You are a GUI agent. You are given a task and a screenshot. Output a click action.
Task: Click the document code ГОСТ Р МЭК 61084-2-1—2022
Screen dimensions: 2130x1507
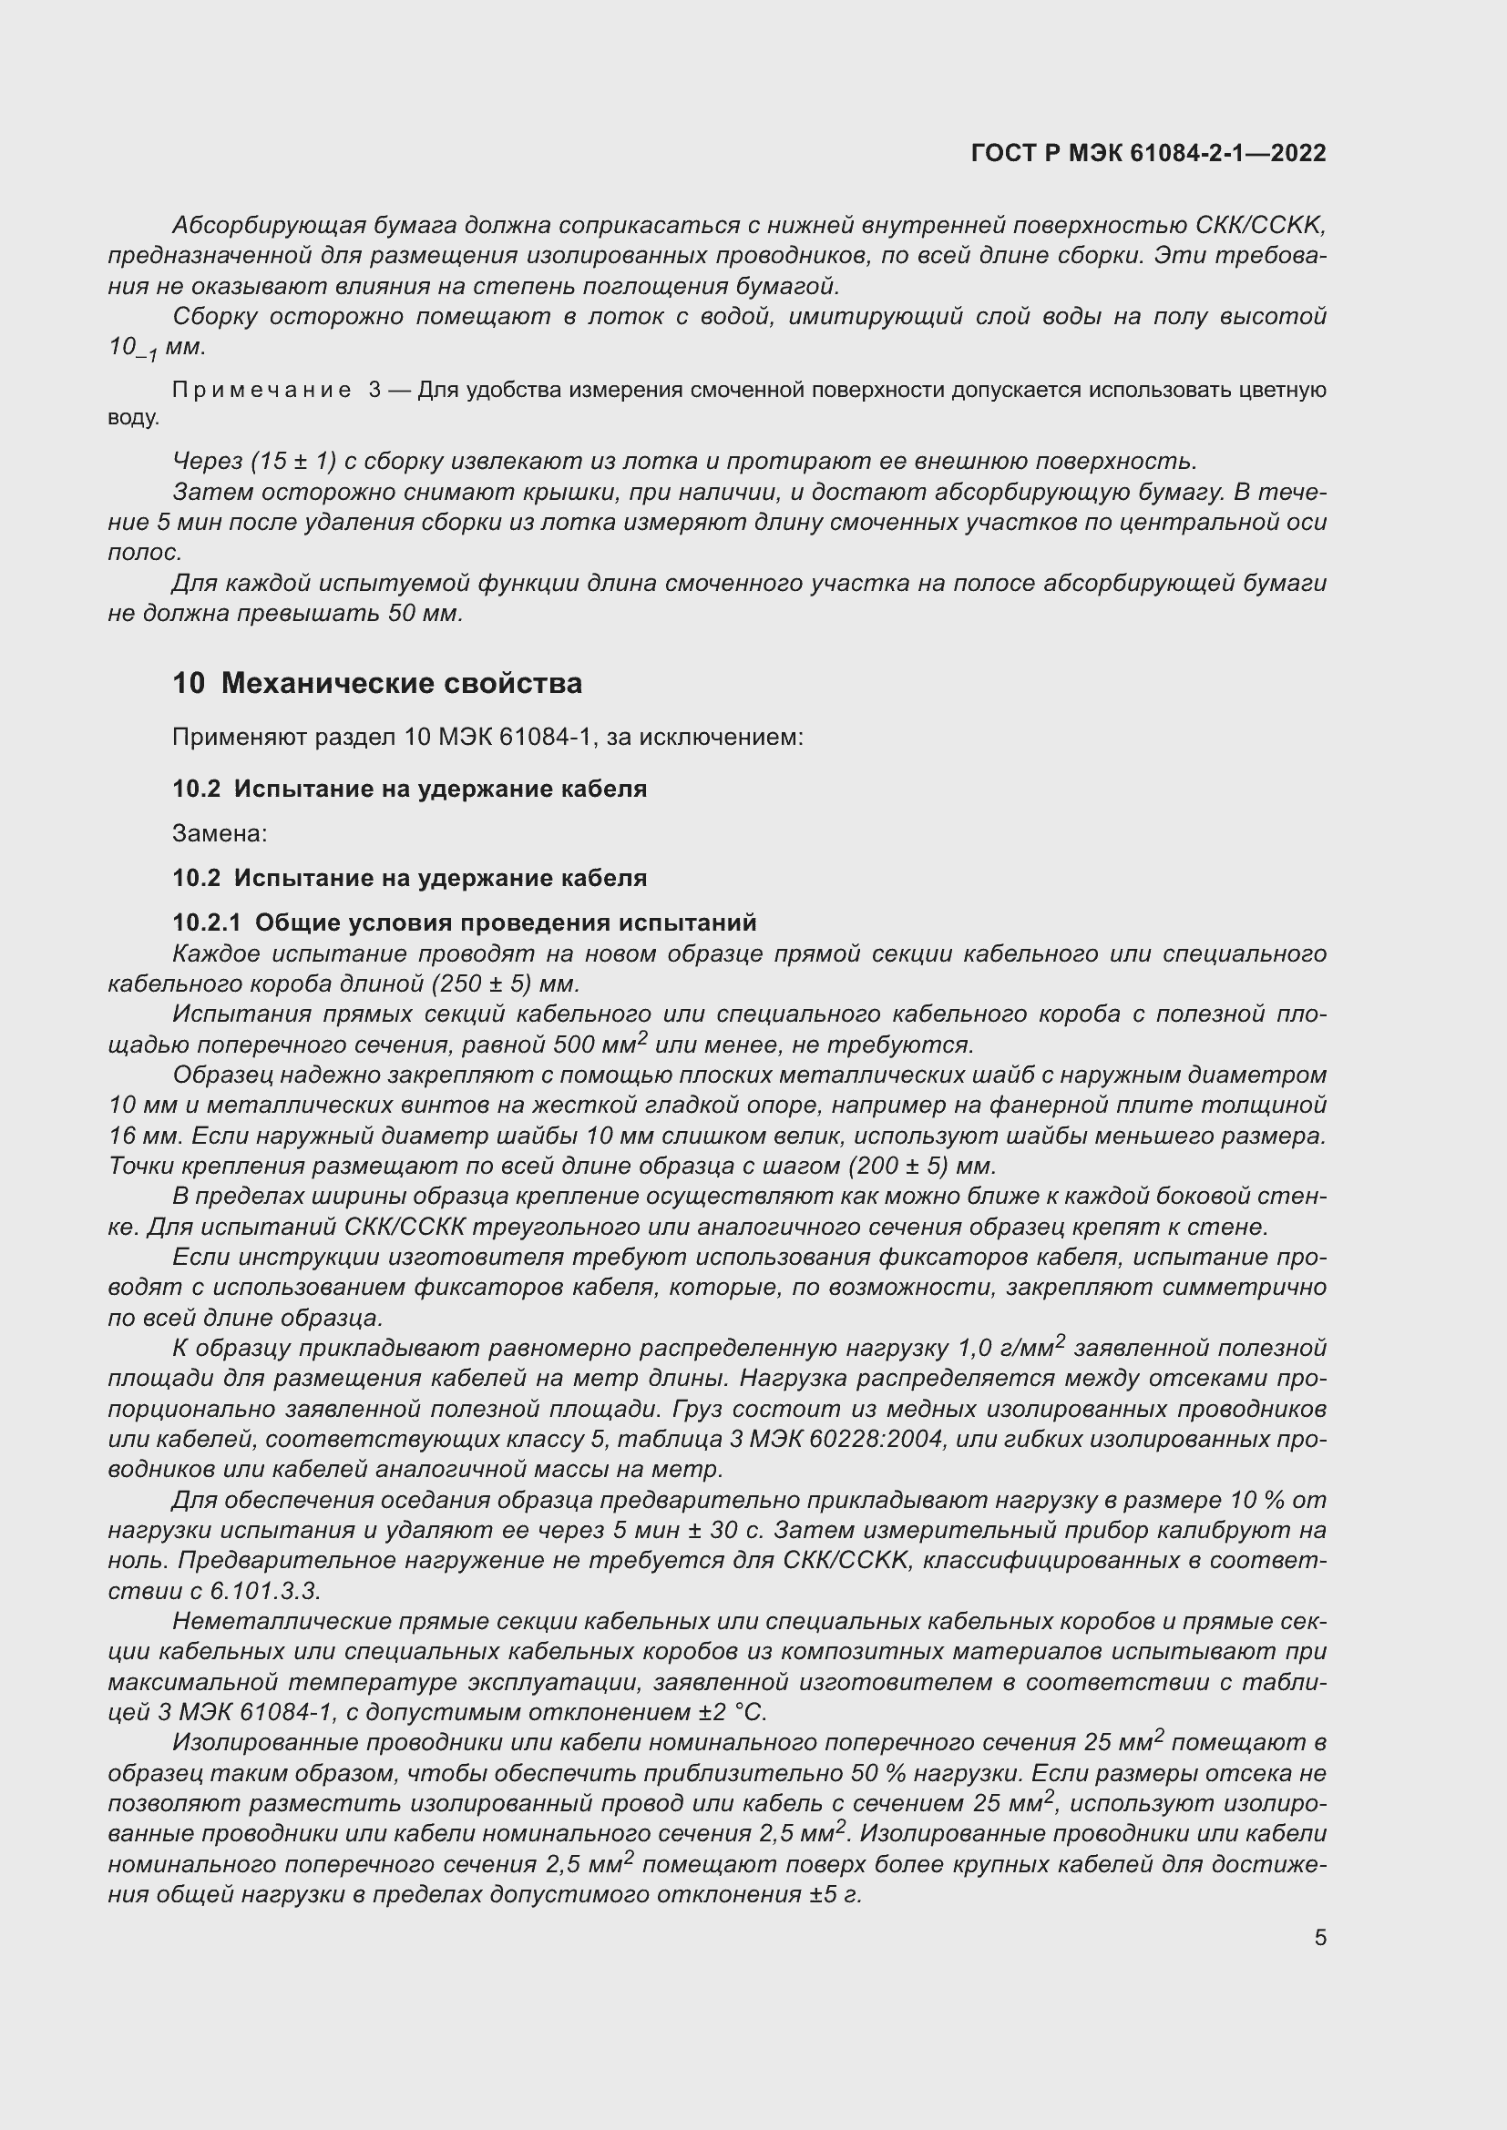(x=1148, y=153)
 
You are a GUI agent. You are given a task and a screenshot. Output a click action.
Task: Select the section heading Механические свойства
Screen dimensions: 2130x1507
(x=402, y=684)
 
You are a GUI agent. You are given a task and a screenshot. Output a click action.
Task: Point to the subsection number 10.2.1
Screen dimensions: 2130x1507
(x=206, y=923)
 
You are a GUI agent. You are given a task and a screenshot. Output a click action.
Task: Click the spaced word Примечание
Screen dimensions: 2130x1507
(x=261, y=391)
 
